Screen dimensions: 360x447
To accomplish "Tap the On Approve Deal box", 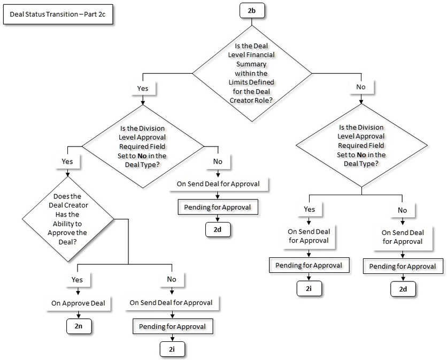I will click(78, 303).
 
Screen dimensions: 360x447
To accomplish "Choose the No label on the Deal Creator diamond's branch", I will click(171, 279).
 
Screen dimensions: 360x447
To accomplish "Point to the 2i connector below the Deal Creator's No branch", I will click(171, 349).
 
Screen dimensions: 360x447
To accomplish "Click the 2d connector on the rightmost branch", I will click(402, 289).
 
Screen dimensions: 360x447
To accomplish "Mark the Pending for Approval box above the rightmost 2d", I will click(402, 266).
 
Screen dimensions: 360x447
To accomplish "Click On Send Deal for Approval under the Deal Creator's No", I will click(171, 303).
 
